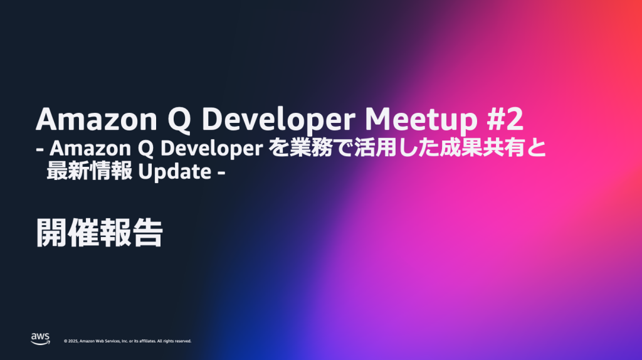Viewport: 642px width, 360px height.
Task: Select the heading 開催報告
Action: (x=99, y=233)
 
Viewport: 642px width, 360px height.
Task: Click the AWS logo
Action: (x=40, y=339)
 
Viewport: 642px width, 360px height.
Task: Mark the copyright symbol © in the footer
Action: (x=66, y=341)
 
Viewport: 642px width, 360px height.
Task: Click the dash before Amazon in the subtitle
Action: (x=41, y=151)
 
